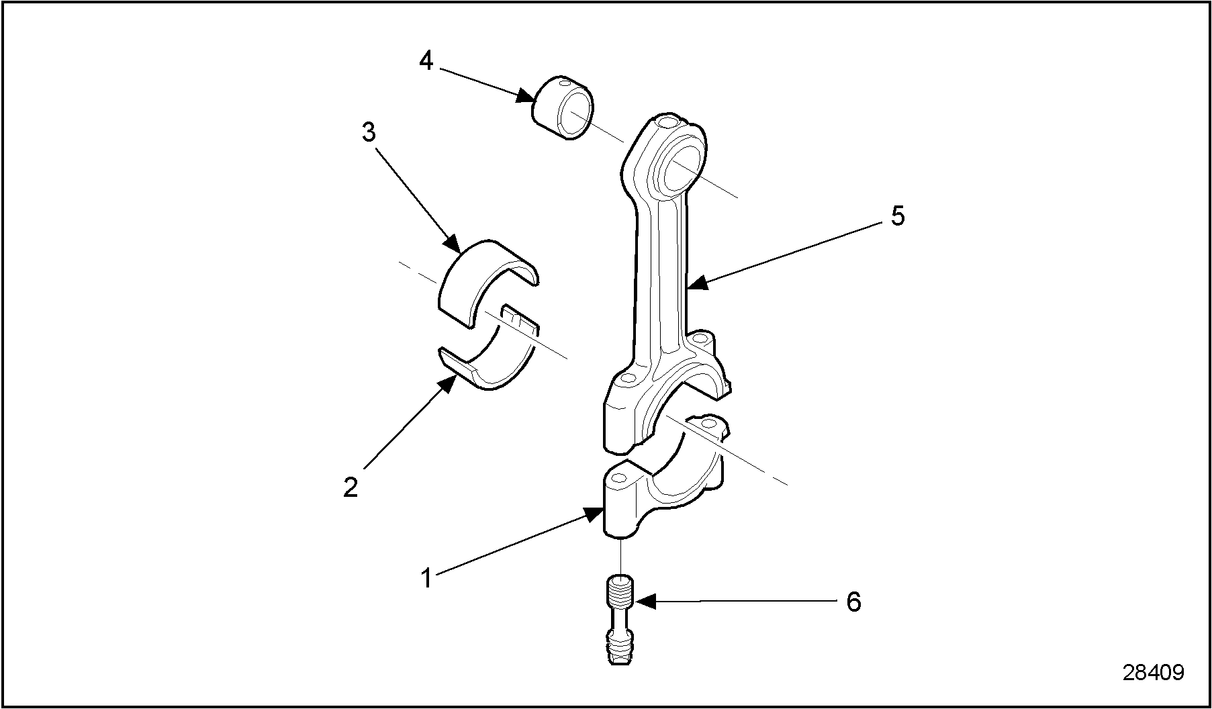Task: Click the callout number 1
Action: tap(426, 577)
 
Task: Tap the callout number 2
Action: tap(351, 486)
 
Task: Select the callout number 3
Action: tap(369, 132)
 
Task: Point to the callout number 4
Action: tap(426, 61)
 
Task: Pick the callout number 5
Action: tap(898, 216)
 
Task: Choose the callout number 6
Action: tap(853, 602)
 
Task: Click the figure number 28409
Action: tap(1153, 672)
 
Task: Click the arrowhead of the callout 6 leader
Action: tap(641, 602)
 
